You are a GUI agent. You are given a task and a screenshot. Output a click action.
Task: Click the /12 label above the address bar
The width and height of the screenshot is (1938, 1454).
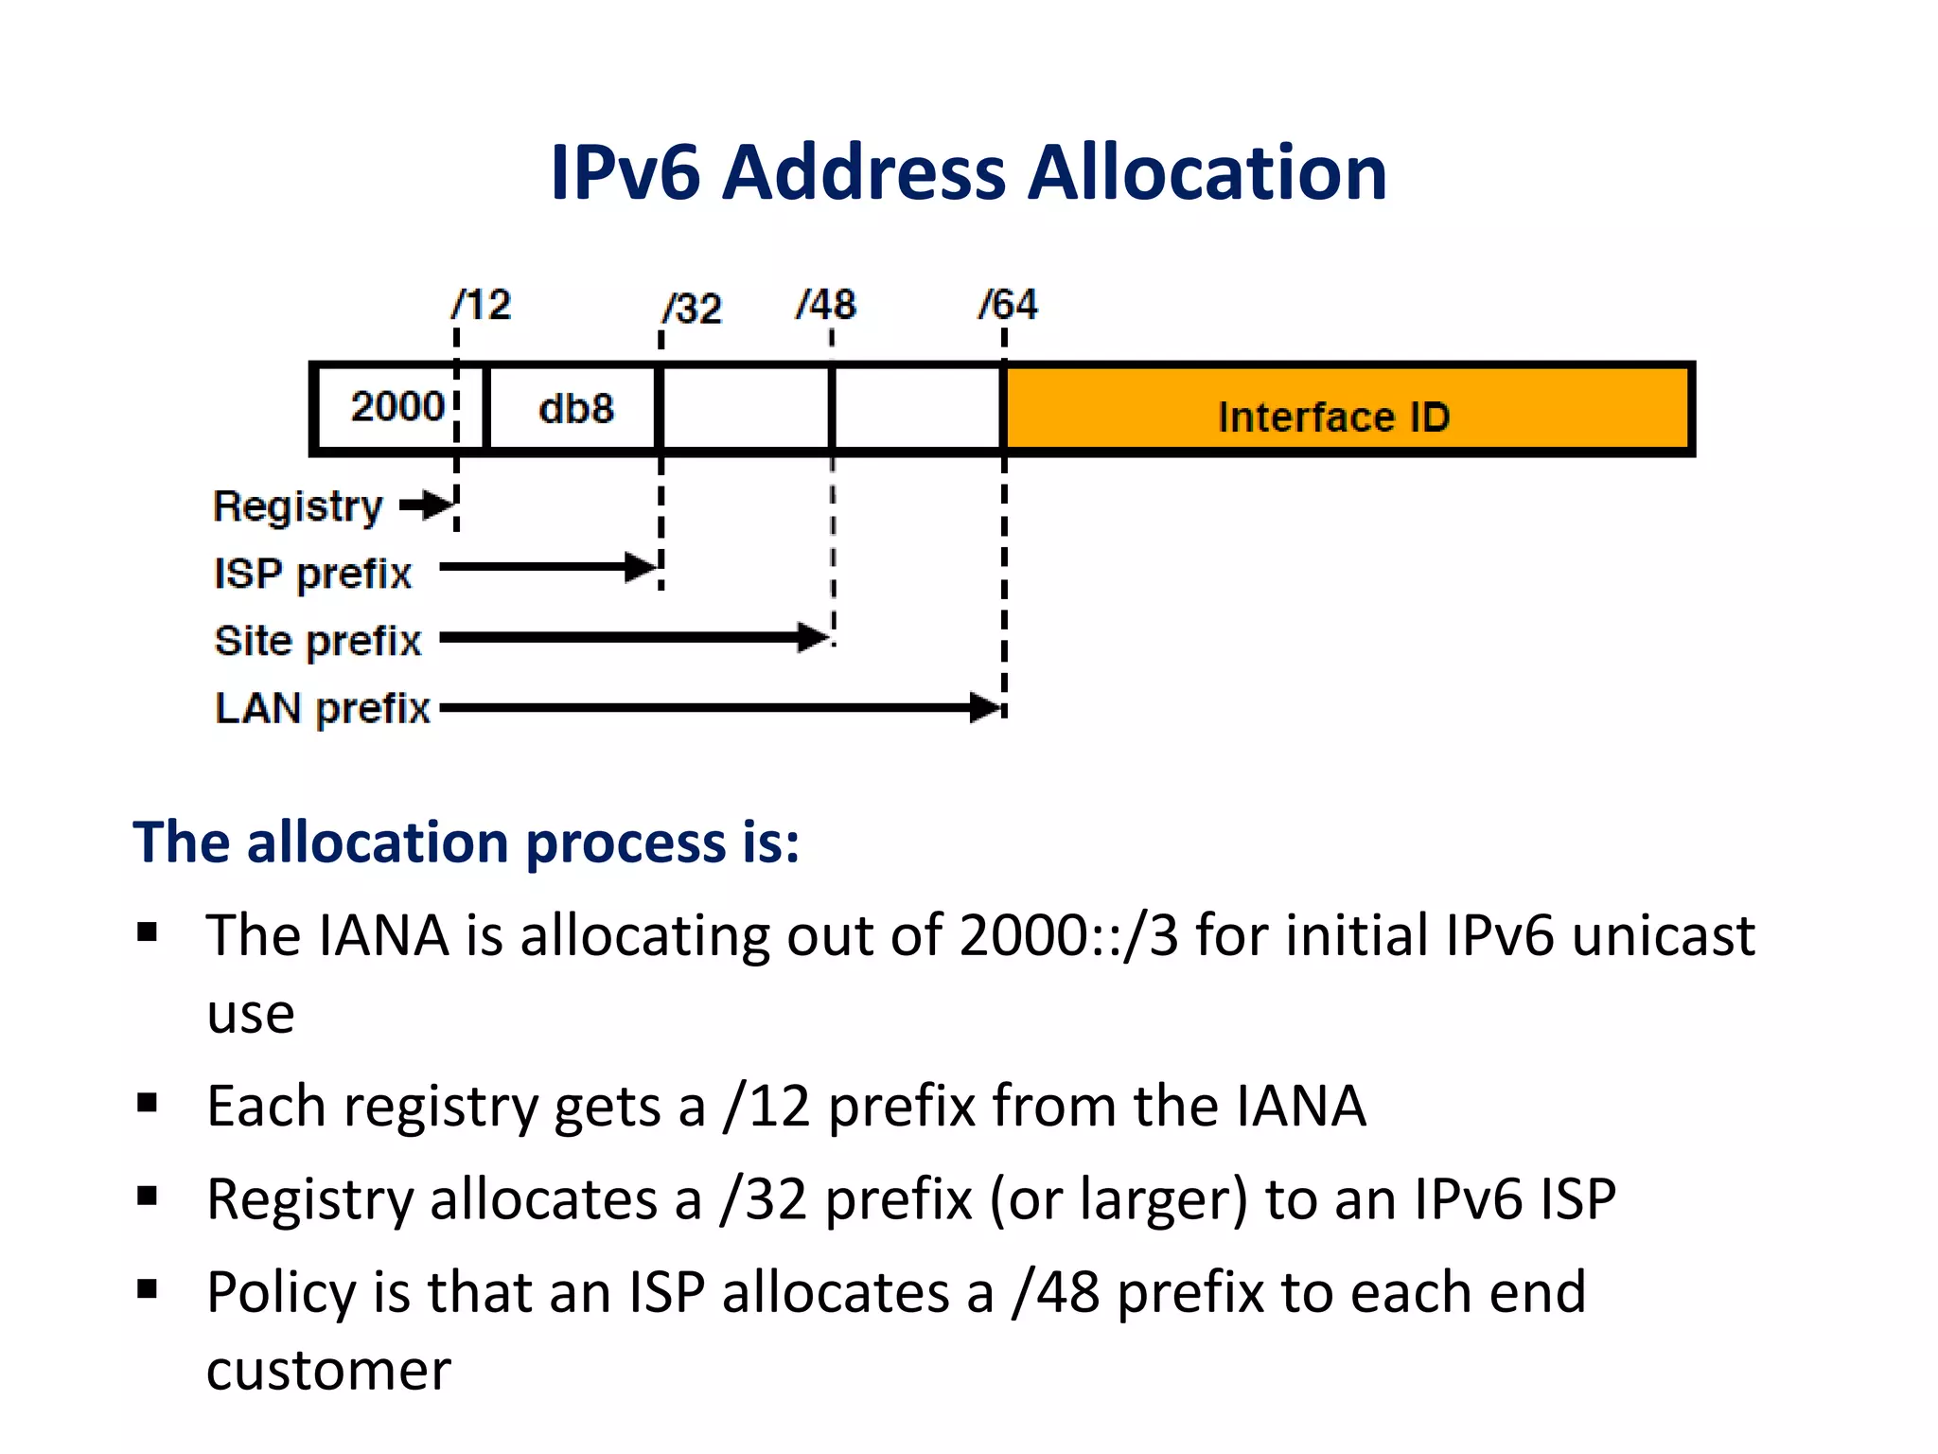(x=482, y=306)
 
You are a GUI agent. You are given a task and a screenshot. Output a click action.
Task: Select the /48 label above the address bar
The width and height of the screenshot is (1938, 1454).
(x=826, y=306)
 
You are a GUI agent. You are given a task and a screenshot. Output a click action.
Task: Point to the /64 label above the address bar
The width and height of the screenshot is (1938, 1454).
(x=1008, y=305)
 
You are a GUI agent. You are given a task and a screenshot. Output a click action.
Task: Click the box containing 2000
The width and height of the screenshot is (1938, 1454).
(x=398, y=408)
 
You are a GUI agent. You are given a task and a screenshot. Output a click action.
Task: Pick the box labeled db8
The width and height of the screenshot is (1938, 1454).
(x=574, y=409)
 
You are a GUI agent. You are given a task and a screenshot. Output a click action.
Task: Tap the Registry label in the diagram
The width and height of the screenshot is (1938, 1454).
(x=297, y=507)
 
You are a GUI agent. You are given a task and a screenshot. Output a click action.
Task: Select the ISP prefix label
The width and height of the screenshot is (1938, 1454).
(x=312, y=574)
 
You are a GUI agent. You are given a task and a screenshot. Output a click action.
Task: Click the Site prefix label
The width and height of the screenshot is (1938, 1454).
(x=317, y=641)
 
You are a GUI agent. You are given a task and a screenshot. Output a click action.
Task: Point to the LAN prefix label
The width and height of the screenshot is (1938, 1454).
(x=322, y=708)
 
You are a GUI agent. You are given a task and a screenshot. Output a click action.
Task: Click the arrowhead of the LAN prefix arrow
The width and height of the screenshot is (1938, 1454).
(x=987, y=707)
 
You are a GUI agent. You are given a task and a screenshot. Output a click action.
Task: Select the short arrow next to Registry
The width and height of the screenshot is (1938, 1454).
(x=427, y=505)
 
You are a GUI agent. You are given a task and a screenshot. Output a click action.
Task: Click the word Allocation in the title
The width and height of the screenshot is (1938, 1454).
(x=1207, y=173)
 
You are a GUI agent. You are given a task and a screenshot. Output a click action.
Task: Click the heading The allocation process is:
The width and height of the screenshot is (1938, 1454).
(x=466, y=842)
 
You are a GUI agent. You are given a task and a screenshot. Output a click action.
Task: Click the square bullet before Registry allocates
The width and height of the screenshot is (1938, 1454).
(x=147, y=1197)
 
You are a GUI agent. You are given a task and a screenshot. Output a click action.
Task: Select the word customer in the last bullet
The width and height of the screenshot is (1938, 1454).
(x=328, y=1370)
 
